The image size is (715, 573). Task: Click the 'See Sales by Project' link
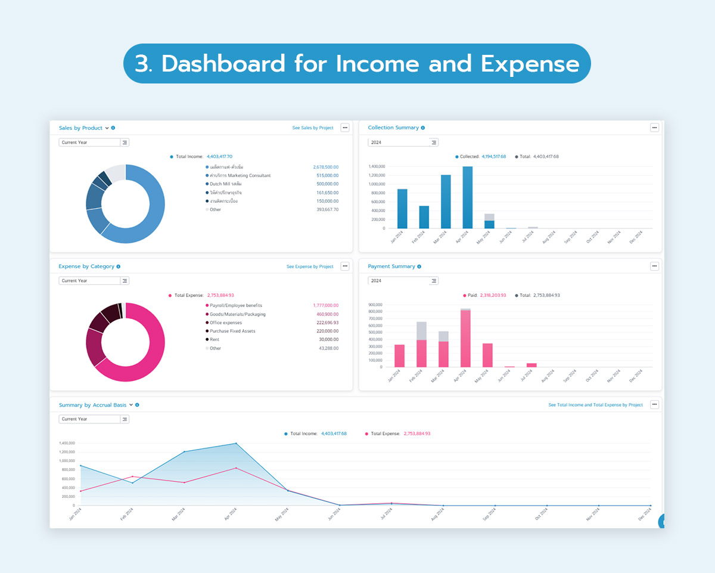click(313, 128)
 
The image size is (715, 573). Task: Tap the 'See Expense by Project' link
click(310, 267)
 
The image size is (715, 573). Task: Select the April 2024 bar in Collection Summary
click(467, 197)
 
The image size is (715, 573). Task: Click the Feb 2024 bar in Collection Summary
click(424, 217)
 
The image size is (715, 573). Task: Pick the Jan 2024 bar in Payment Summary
click(399, 355)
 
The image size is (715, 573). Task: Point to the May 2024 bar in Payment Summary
click(487, 355)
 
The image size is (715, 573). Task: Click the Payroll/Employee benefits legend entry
click(235, 306)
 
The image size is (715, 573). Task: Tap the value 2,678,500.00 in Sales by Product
click(325, 168)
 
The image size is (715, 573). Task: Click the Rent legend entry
click(214, 340)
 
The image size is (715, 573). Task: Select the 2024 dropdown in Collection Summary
click(403, 143)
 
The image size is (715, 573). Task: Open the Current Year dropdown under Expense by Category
click(94, 281)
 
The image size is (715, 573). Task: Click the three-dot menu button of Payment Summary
click(654, 267)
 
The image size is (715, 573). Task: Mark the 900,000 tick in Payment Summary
click(375, 305)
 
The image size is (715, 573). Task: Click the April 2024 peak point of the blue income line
click(236, 443)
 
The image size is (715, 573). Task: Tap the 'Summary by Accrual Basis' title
click(92, 405)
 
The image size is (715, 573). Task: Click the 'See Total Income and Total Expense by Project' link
click(595, 405)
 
